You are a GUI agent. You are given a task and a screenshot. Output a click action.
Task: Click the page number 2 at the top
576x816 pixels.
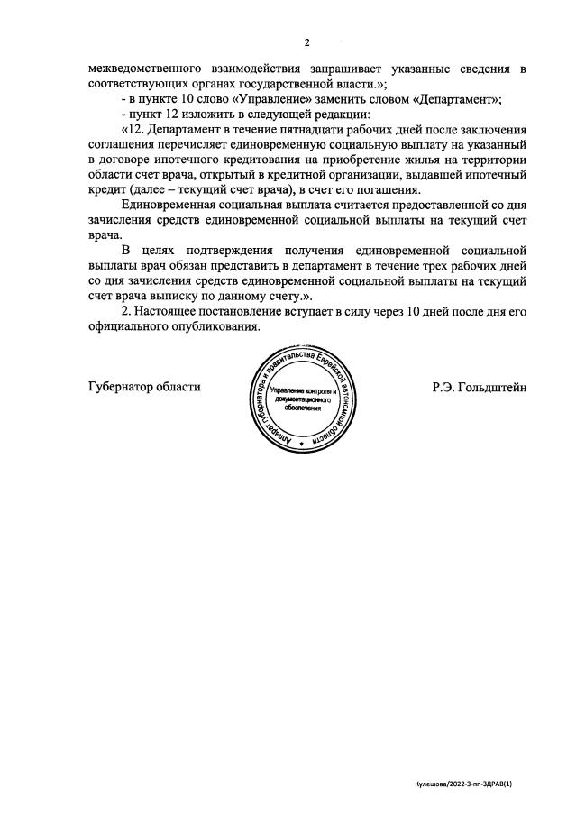pos(306,42)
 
